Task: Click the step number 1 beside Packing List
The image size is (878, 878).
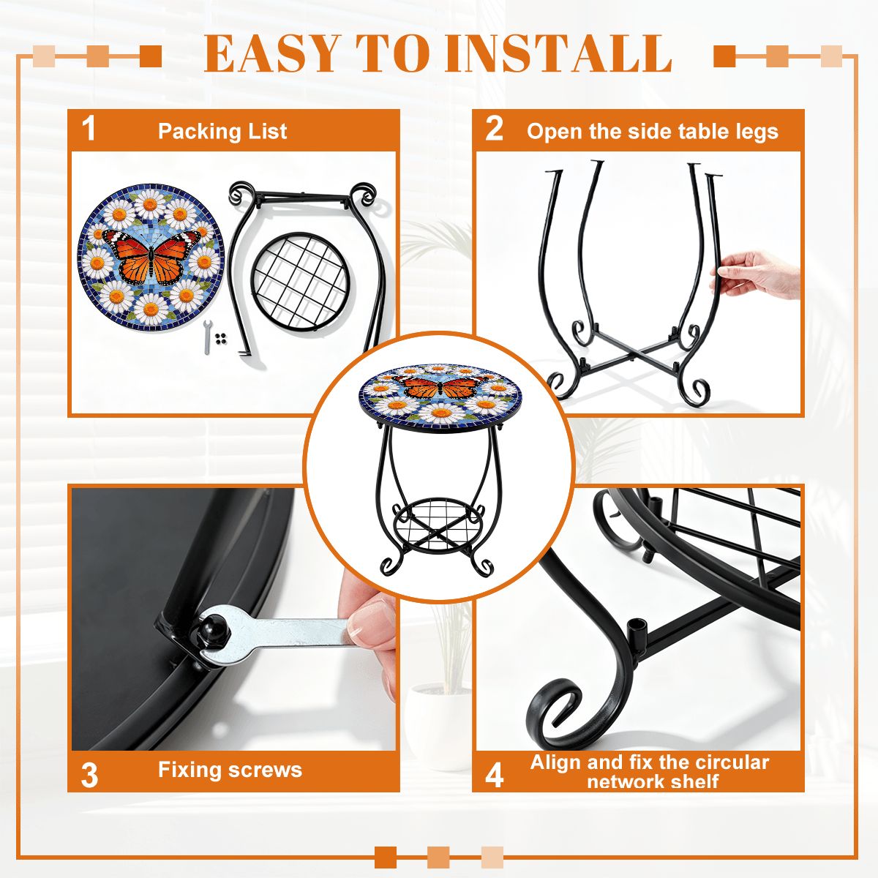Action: [89, 130]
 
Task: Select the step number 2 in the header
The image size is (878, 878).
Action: [494, 130]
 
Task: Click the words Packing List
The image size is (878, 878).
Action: [222, 131]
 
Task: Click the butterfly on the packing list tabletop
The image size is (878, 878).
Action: [151, 255]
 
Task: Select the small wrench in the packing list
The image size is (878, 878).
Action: [206, 337]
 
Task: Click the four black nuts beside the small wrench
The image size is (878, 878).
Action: [221, 338]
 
